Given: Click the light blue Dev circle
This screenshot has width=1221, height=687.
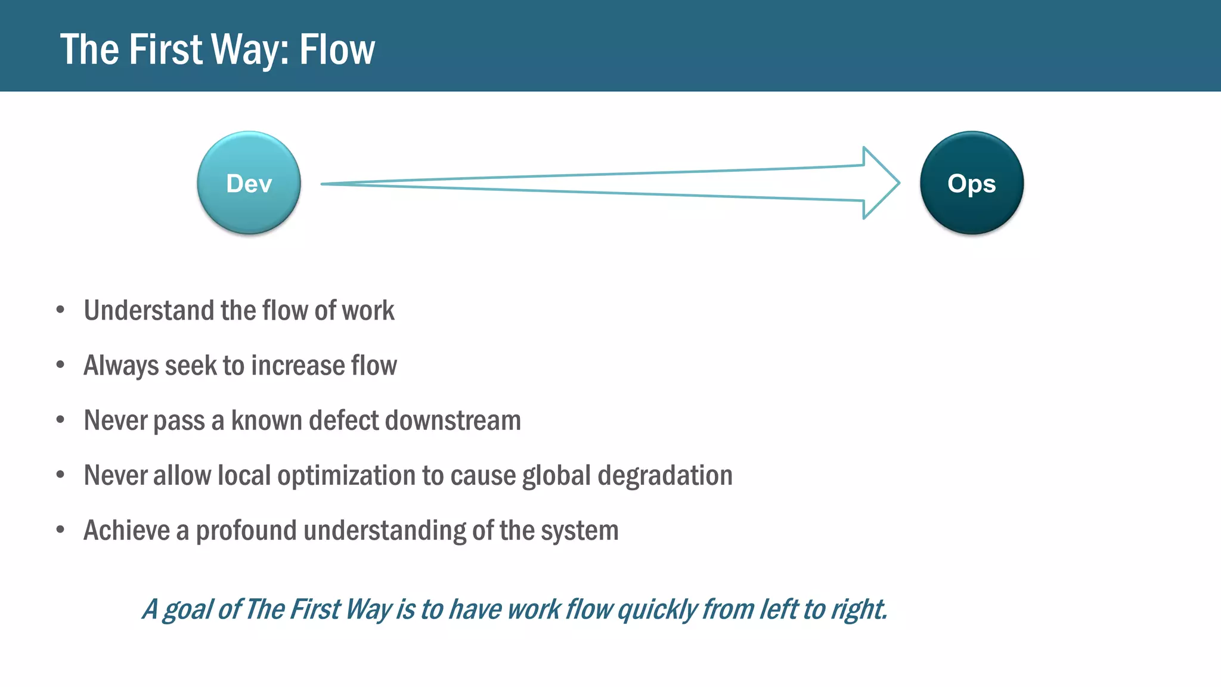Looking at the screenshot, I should (249, 183).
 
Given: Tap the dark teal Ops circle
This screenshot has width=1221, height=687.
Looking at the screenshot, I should (971, 183).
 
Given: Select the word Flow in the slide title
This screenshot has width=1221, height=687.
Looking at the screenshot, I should (337, 49).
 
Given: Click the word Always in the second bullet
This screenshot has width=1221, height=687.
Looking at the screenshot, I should (120, 366).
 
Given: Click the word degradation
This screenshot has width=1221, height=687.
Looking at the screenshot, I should (665, 476).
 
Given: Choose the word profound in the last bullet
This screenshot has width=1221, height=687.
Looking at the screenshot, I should (246, 531).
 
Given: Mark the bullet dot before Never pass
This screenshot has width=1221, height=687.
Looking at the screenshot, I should (60, 420).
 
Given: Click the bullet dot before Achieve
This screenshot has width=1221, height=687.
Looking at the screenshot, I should (60, 530).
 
